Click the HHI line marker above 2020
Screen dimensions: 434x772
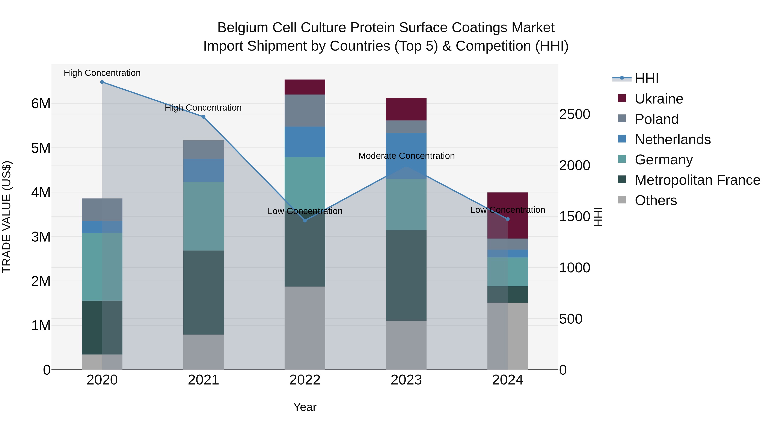point(102,82)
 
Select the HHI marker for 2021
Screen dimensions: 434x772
point(204,117)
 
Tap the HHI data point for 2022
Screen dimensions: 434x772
point(305,221)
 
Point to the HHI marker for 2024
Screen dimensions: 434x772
point(508,219)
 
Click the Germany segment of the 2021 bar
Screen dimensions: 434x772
point(204,216)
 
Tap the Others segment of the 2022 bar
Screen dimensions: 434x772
point(305,328)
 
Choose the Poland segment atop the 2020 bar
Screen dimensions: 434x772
point(102,210)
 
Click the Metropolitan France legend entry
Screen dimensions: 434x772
point(697,180)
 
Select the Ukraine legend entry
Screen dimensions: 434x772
point(659,99)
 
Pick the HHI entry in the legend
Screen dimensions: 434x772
point(646,78)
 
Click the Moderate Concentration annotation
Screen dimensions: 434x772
point(406,156)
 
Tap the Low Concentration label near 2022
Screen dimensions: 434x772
point(305,211)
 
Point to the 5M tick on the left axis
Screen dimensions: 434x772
point(41,148)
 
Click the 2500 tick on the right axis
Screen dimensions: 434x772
point(574,114)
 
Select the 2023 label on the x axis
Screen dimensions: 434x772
point(406,380)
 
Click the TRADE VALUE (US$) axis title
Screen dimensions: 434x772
point(7,217)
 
